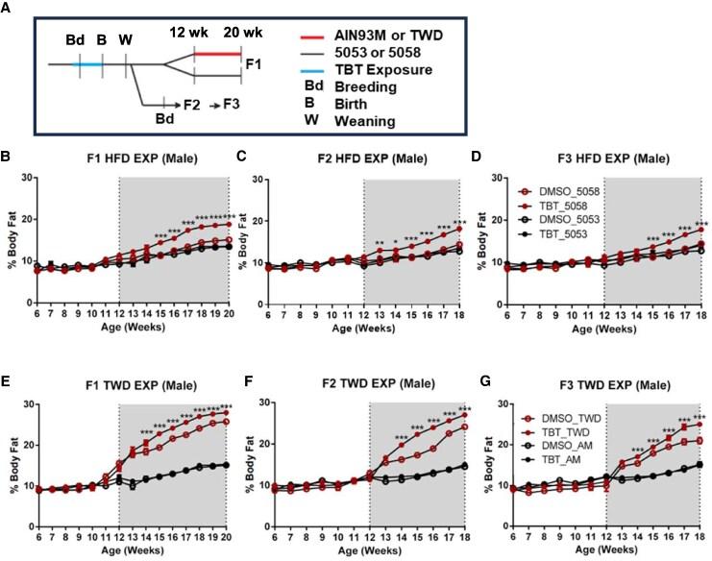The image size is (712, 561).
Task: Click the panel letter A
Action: [9, 9]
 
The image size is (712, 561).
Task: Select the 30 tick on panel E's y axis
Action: [38, 387]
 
